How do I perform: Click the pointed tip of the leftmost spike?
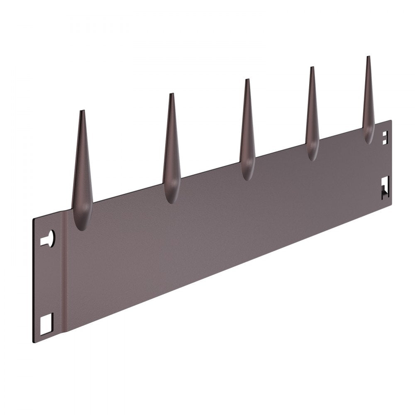point(82,111)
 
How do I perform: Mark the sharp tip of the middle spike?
point(247,80)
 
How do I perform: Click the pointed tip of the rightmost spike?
point(368,57)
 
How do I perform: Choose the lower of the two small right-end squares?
point(385,141)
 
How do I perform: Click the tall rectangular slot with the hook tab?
point(385,187)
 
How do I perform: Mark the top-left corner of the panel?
point(33,219)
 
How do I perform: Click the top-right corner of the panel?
point(391,121)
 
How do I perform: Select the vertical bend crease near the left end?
point(63,274)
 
